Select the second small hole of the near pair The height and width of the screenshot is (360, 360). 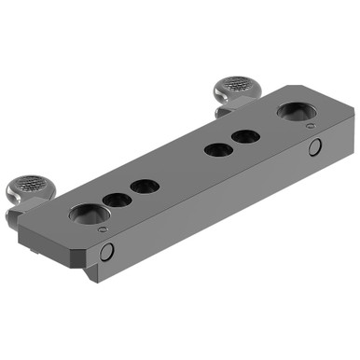tap(145, 186)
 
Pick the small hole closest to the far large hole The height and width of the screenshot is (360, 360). tap(246, 137)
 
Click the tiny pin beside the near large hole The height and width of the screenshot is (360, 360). tap(103, 229)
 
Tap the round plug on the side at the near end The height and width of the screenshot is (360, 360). tap(108, 251)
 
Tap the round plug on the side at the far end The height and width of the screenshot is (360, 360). tap(314, 146)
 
